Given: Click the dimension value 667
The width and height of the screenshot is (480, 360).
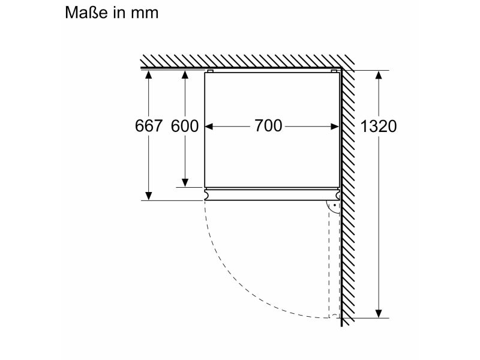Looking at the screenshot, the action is point(148,126).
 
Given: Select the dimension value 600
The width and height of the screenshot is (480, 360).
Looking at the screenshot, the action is point(185,126).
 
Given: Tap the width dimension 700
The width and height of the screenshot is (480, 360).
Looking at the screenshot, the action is point(268,125).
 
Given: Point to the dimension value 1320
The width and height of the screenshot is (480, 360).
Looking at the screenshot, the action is point(379,126).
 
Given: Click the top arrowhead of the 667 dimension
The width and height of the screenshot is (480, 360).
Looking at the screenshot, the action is point(148,75).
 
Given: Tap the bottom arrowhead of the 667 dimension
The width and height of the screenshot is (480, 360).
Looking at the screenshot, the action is point(148,196).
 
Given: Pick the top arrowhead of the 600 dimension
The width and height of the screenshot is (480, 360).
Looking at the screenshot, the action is point(185,75).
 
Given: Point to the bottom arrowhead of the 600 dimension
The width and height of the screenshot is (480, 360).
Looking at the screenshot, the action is point(185,182).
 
